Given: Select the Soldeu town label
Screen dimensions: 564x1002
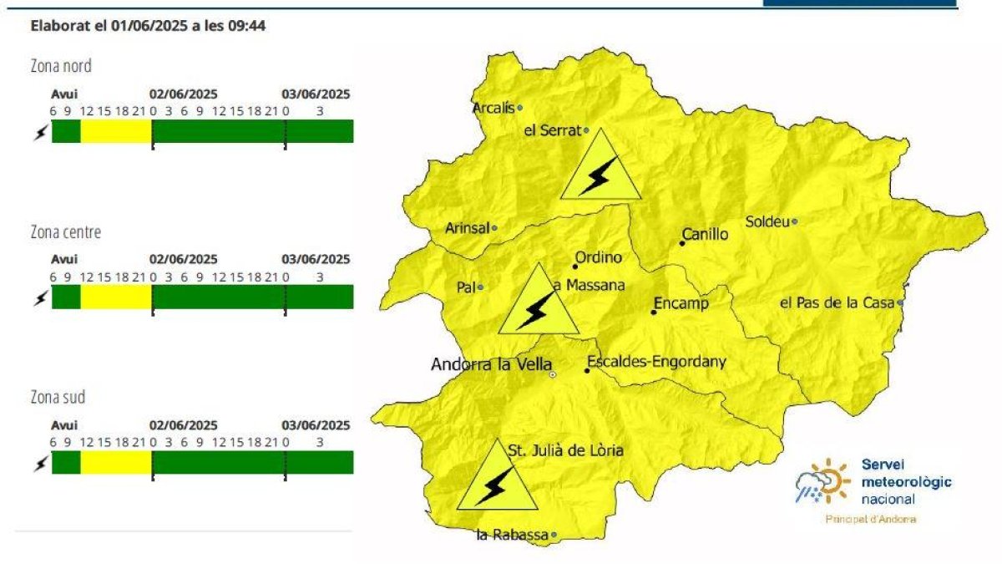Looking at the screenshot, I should pyautogui.click(x=767, y=222).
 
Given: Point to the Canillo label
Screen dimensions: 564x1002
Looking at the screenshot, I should pyautogui.click(x=706, y=235).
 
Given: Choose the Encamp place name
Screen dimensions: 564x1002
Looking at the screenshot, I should pyautogui.click(x=681, y=303).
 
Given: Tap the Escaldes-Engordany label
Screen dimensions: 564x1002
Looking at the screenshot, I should pyautogui.click(x=657, y=363).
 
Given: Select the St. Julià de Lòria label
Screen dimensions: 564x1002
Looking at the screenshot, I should pyautogui.click(x=566, y=451).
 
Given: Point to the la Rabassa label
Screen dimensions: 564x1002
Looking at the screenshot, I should pyautogui.click(x=512, y=535).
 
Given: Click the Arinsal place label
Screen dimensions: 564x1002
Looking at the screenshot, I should pyautogui.click(x=467, y=228).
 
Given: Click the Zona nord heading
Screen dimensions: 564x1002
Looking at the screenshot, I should pyautogui.click(x=61, y=66).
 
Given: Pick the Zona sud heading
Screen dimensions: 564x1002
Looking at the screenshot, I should pyautogui.click(x=58, y=397).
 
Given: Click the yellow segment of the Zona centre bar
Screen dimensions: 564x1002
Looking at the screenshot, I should pyautogui.click(x=116, y=297).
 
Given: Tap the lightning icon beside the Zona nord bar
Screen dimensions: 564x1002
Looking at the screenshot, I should pyautogui.click(x=39, y=132).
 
